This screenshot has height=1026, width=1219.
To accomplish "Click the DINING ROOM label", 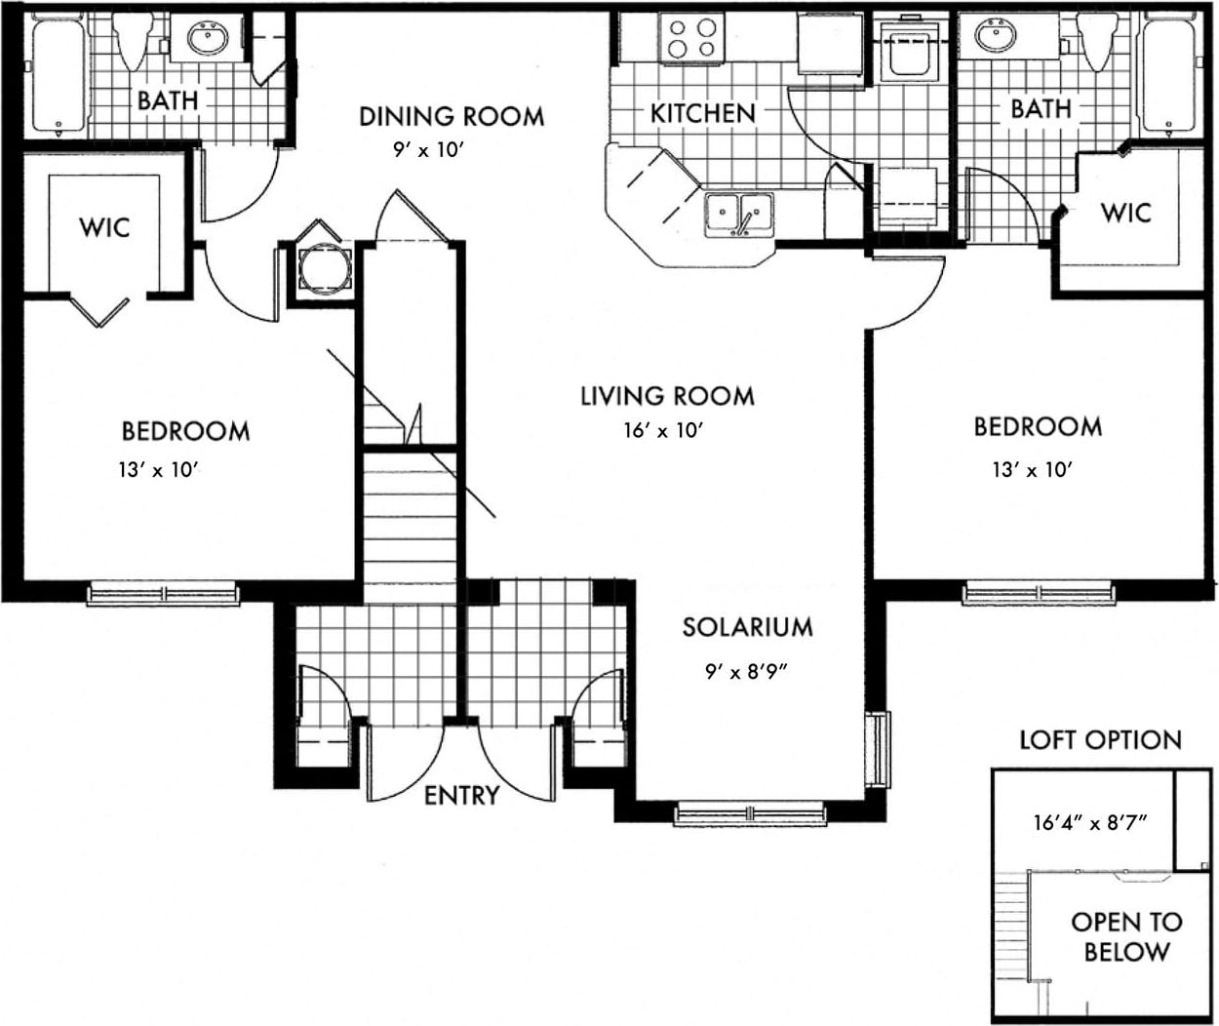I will tap(452, 116).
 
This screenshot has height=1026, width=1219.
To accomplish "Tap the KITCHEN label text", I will tap(702, 113).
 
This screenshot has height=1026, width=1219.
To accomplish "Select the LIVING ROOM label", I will tap(667, 396).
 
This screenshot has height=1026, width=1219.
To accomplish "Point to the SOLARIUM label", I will tap(747, 626).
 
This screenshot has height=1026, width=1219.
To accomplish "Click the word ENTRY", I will tap(461, 796).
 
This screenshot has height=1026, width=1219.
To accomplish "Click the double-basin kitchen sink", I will tap(739, 213).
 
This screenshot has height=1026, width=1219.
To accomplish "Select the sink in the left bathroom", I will tap(207, 39).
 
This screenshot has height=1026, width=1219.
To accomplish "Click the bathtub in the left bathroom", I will tap(59, 75).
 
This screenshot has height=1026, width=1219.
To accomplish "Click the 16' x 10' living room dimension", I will tap(663, 430).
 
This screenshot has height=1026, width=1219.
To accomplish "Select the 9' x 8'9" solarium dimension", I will tap(747, 671).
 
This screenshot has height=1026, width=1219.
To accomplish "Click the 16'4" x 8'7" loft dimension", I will tap(1089, 821).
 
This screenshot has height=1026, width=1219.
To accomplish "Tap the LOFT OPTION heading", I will tap(1099, 740).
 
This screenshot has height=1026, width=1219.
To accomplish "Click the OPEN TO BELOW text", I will tap(1126, 936).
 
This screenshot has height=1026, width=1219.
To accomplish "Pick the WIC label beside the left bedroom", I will tap(104, 227).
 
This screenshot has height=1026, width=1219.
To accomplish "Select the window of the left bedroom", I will tap(163, 593).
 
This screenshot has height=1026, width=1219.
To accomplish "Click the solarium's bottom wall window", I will tap(750, 811).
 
